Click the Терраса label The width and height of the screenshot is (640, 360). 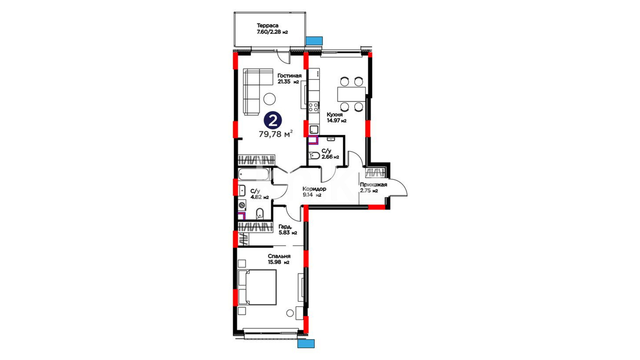point(267,25)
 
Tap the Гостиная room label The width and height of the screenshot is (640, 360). point(289,76)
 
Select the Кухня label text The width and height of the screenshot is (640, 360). point(335,115)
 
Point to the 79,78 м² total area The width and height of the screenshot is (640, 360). point(276,134)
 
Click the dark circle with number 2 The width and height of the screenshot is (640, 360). point(273,120)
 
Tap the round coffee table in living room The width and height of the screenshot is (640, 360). point(269,99)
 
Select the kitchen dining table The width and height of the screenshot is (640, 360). point(351,94)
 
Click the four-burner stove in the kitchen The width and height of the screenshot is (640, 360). point(313,107)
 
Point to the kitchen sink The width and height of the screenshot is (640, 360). point(314,130)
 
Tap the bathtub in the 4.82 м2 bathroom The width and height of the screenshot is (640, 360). point(254,174)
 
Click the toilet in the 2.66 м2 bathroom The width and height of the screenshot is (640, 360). point(314,156)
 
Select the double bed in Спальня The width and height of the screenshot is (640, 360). point(257,287)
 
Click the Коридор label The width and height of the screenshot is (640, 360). point(314,189)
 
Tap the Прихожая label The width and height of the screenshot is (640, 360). point(373,185)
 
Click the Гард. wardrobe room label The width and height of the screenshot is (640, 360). point(285,227)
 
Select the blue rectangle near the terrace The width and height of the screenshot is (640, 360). point(314,41)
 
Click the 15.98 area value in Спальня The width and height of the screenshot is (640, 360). point(274,262)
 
